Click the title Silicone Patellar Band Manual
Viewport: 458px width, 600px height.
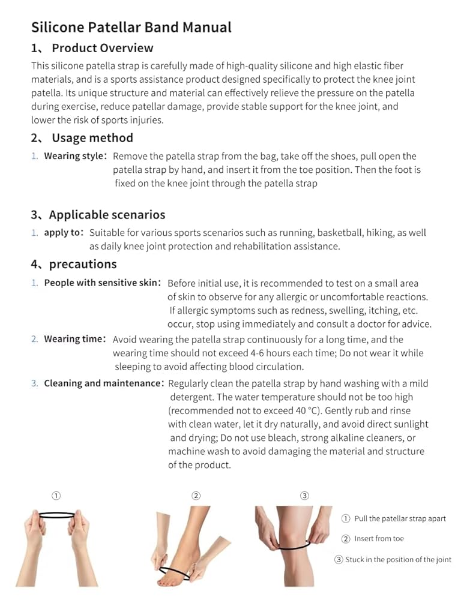click(131, 27)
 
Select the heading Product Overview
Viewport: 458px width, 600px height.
click(102, 48)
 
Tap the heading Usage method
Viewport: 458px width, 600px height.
click(92, 138)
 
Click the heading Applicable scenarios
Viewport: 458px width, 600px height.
click(107, 215)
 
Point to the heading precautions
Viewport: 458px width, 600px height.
click(83, 264)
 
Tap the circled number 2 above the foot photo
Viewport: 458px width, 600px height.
click(196, 496)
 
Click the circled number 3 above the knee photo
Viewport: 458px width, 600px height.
click(304, 496)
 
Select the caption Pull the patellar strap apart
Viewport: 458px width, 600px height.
click(400, 519)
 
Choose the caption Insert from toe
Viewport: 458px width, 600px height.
click(379, 539)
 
